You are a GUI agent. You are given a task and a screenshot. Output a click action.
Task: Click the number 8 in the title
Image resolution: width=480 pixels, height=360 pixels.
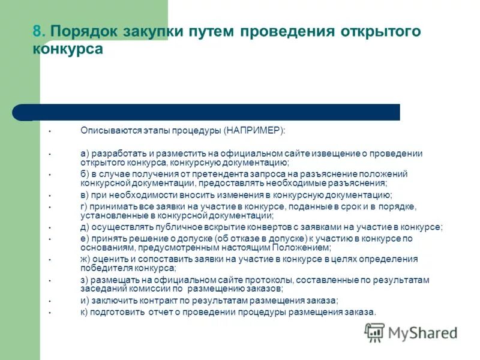coord(37,32)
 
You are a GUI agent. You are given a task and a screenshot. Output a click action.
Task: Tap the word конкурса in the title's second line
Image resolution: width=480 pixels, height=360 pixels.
coord(68,49)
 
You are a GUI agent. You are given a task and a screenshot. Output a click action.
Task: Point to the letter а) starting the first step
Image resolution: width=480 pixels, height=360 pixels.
coord(85,154)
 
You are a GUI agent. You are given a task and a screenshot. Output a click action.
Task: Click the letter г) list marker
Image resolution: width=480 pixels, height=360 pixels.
coord(84,206)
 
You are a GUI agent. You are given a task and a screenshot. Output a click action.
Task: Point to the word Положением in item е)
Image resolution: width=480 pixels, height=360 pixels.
coord(301,247)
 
